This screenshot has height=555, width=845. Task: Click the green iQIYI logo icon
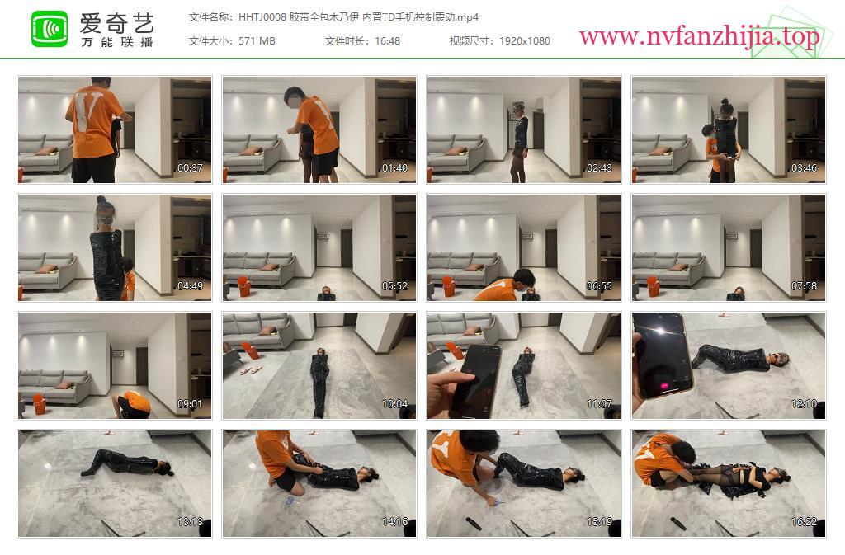point(50,29)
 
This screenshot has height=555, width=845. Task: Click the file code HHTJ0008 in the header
point(262,17)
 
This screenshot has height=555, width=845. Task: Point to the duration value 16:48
point(387,41)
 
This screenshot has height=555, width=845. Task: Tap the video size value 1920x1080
point(524,41)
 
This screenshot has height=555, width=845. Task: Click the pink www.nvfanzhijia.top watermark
point(699,37)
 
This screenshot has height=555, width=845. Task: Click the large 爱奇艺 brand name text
point(117,23)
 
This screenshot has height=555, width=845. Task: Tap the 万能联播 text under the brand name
point(117,42)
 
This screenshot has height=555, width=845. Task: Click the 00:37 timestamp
point(191,168)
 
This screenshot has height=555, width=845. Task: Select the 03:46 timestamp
point(804,168)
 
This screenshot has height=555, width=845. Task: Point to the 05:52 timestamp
point(395,286)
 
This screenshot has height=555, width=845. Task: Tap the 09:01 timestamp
point(191,404)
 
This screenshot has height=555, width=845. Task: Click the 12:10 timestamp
point(804,404)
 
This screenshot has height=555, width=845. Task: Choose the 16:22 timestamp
point(804,522)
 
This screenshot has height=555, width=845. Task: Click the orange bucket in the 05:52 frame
point(244,286)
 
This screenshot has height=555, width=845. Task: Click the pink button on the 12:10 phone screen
point(664,385)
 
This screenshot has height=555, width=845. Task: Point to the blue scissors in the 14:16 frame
point(290,501)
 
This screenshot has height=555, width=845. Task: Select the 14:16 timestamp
point(395,522)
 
